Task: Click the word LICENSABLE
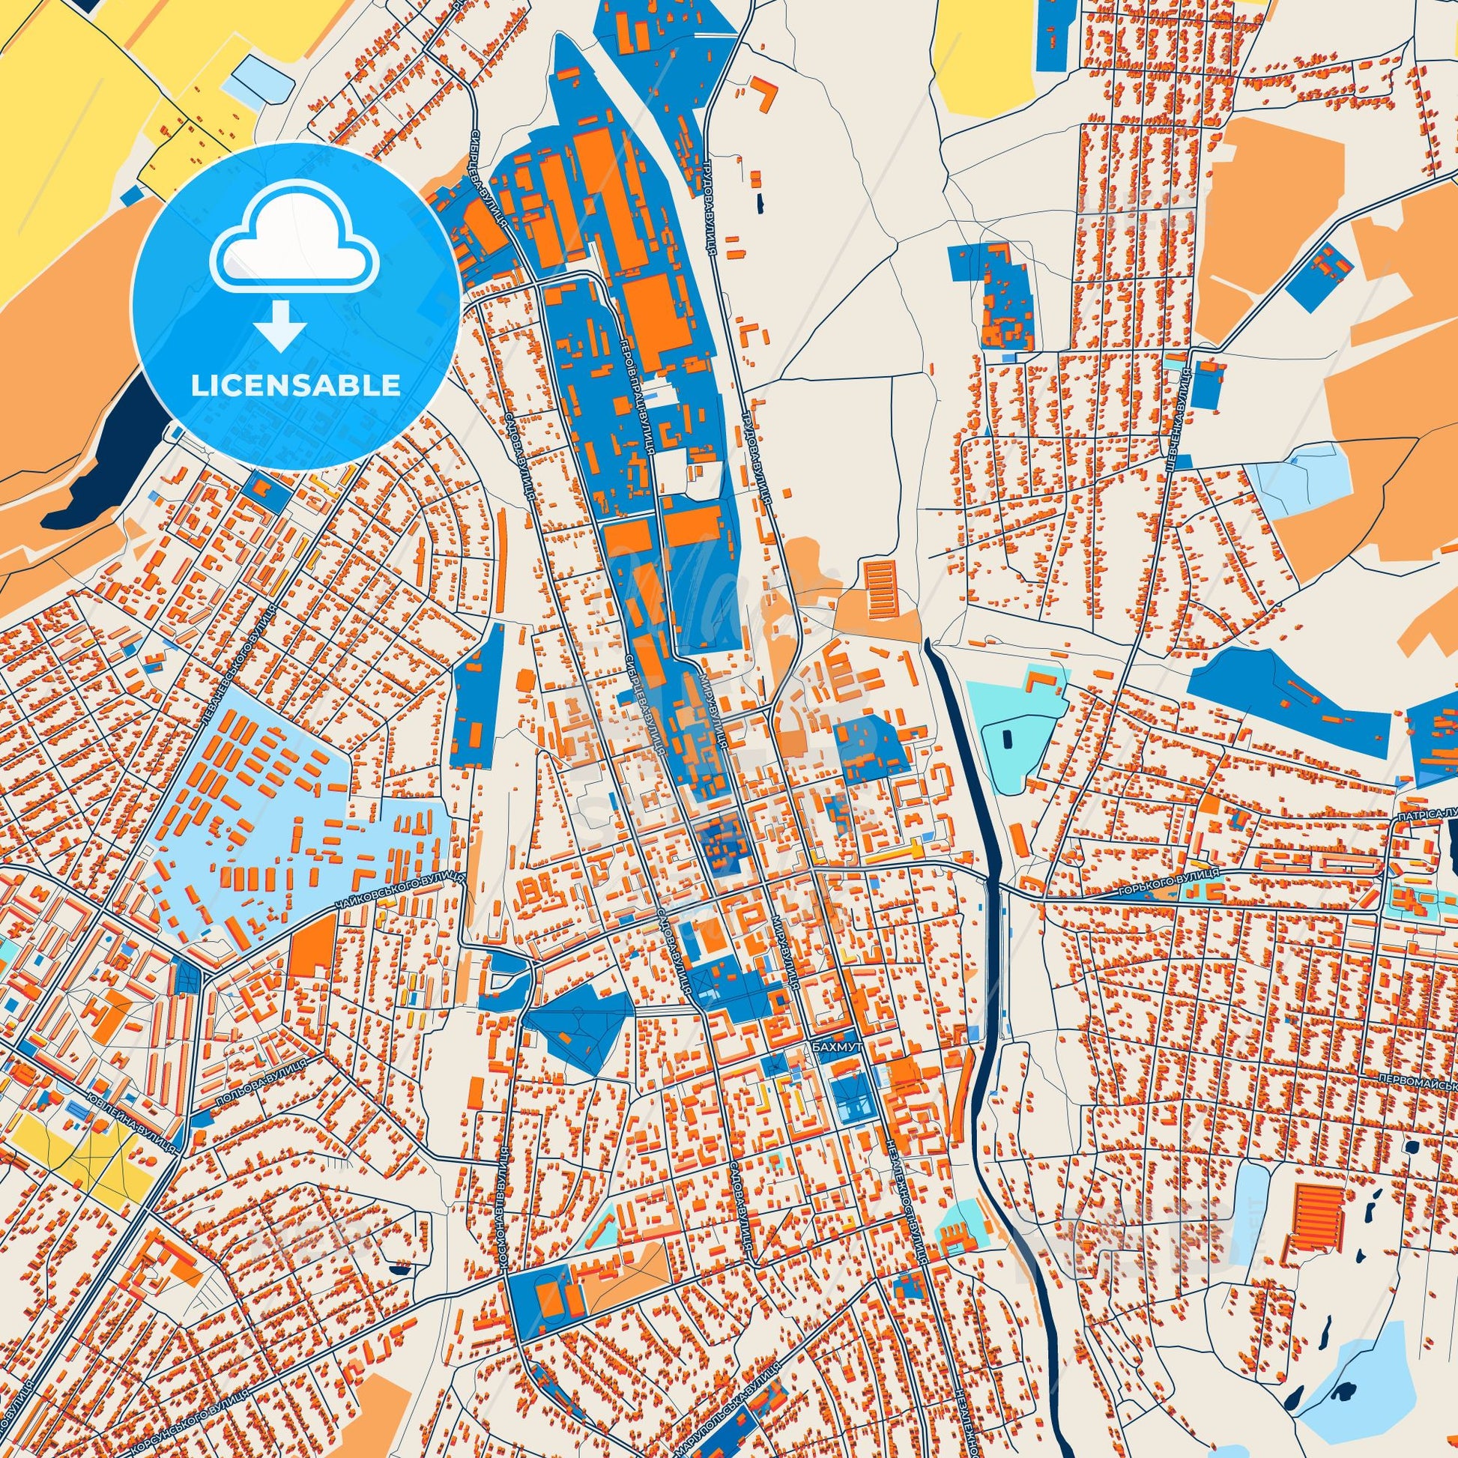coord(296,386)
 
